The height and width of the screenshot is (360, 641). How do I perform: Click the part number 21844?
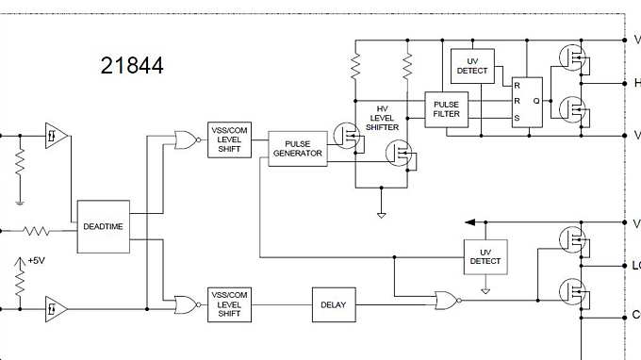[x=131, y=66]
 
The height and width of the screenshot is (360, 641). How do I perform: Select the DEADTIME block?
[x=103, y=226]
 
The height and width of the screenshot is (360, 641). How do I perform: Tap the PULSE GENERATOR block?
[x=297, y=149]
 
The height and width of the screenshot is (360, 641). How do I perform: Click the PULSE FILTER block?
[x=446, y=110]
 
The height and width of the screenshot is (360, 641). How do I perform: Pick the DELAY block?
[x=333, y=304]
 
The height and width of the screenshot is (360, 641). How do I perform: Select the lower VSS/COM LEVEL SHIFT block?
[x=229, y=304]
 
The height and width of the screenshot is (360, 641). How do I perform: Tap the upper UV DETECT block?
[x=472, y=65]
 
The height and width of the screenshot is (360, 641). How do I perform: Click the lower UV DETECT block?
[x=485, y=254]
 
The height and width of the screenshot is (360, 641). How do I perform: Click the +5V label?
[x=36, y=260]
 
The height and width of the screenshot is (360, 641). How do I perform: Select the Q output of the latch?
[x=535, y=100]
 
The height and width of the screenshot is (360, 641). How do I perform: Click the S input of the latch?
[x=517, y=118]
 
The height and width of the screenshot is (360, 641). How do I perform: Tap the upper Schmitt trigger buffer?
[x=55, y=136]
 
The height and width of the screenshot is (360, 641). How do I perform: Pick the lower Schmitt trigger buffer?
[x=55, y=306]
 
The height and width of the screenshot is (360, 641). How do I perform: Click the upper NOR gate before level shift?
[x=186, y=141]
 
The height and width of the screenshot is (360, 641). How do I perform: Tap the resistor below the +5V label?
[x=19, y=281]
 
